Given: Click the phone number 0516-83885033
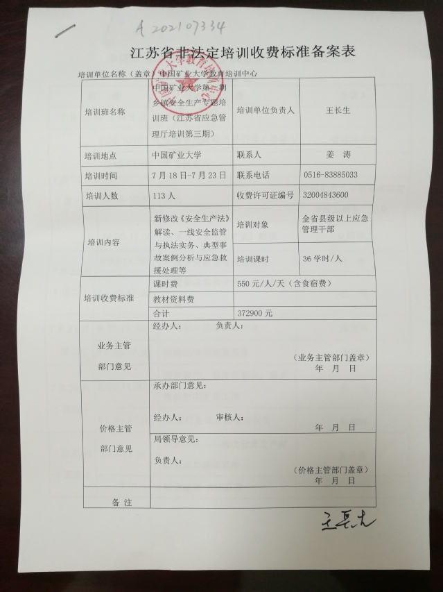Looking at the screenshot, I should pyautogui.click(x=331, y=175).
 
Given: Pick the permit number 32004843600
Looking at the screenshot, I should pyautogui.click(x=326, y=195).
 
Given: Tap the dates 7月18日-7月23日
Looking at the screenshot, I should pyautogui.click(x=189, y=175).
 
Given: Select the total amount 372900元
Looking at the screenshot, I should pyautogui.click(x=254, y=314).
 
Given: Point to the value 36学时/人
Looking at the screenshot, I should pyautogui.click(x=323, y=258).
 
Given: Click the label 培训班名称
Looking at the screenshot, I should pyautogui.click(x=105, y=111).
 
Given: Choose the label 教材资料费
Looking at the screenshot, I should pyautogui.click(x=173, y=299).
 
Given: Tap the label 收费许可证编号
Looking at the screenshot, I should pyautogui.click(x=265, y=195).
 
